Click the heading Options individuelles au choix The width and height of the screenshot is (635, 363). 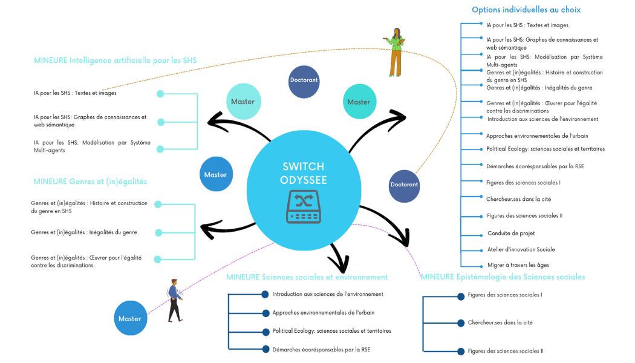click(x=526, y=10)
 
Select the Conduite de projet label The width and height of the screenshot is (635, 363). click(x=511, y=233)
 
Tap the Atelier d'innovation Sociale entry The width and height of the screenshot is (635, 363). click(x=521, y=249)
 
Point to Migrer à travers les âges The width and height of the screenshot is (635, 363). click(x=518, y=265)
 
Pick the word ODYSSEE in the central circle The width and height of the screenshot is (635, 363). click(x=303, y=180)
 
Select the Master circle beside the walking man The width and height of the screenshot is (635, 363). click(x=130, y=318)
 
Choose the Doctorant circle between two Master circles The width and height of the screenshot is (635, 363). click(x=304, y=80)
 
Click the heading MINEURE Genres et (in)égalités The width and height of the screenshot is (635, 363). click(x=90, y=181)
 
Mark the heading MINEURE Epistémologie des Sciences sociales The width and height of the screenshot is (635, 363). click(x=503, y=277)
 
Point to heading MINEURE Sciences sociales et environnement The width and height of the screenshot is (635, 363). click(x=307, y=277)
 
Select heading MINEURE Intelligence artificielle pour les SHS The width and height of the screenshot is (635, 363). click(x=115, y=60)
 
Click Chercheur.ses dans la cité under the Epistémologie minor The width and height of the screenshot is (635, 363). click(x=500, y=322)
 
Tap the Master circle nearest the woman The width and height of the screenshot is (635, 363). click(x=359, y=102)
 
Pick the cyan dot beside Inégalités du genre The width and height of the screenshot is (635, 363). click(x=158, y=232)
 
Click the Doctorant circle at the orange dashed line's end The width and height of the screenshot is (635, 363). click(x=404, y=185)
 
